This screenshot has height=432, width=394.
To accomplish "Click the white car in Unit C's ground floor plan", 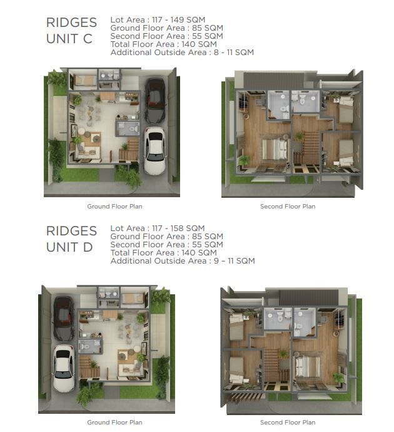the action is tap(155, 150).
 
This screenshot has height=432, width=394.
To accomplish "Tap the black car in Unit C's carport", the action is tap(155, 100).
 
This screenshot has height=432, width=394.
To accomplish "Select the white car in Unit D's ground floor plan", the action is tap(64, 368).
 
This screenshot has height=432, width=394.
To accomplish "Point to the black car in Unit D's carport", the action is tap(64, 319).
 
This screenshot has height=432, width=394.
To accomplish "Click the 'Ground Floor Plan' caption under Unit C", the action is tap(114, 207).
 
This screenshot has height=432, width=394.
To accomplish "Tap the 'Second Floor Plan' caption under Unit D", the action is tap(288, 423).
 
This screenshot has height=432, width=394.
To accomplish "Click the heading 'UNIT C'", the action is tap(69, 39).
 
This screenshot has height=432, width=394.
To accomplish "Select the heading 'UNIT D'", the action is tap(69, 247).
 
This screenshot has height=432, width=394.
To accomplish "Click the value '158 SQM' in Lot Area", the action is tap(188, 228).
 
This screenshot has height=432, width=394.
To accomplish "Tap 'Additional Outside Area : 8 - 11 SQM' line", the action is tap(182, 53).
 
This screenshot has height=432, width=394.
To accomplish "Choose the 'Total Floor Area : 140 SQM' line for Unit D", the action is tap(164, 253).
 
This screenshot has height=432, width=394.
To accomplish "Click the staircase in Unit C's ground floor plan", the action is tap(129, 150).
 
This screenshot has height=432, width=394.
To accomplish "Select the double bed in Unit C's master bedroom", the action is tap(275, 149).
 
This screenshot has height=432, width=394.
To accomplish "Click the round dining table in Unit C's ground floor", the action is tap(90, 113).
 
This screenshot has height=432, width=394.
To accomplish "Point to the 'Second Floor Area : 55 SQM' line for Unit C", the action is tap(167, 36).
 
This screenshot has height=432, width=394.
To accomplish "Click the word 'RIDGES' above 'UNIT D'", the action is tap(71, 231).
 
